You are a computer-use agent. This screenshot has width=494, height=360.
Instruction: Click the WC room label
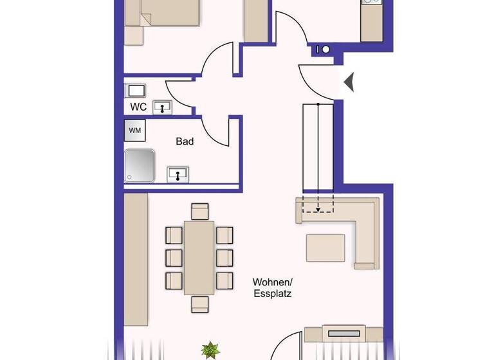click(138, 106)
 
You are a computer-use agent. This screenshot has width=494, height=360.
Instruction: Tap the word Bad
click(185, 141)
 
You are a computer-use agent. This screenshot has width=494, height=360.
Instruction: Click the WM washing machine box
click(135, 130)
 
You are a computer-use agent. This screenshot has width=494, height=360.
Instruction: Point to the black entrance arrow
click(349, 83)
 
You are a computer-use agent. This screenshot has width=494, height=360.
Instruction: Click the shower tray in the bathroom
click(140, 165)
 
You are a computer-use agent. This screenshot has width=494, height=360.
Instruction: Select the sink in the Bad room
click(178, 174)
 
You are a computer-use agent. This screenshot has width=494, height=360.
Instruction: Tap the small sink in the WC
click(163, 108)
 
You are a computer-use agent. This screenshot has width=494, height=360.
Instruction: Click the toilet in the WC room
click(135, 90)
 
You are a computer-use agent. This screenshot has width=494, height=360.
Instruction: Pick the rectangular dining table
click(199, 257)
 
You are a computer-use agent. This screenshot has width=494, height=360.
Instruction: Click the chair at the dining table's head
click(200, 212)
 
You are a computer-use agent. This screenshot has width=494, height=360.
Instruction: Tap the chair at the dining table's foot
click(200, 303)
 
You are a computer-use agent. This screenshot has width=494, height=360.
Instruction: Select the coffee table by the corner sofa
click(325, 248)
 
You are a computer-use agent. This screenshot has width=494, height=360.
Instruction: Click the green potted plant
click(209, 351)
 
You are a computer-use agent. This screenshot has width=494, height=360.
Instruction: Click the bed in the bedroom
click(161, 16)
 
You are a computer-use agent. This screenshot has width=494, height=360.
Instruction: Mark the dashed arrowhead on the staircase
click(318, 210)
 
